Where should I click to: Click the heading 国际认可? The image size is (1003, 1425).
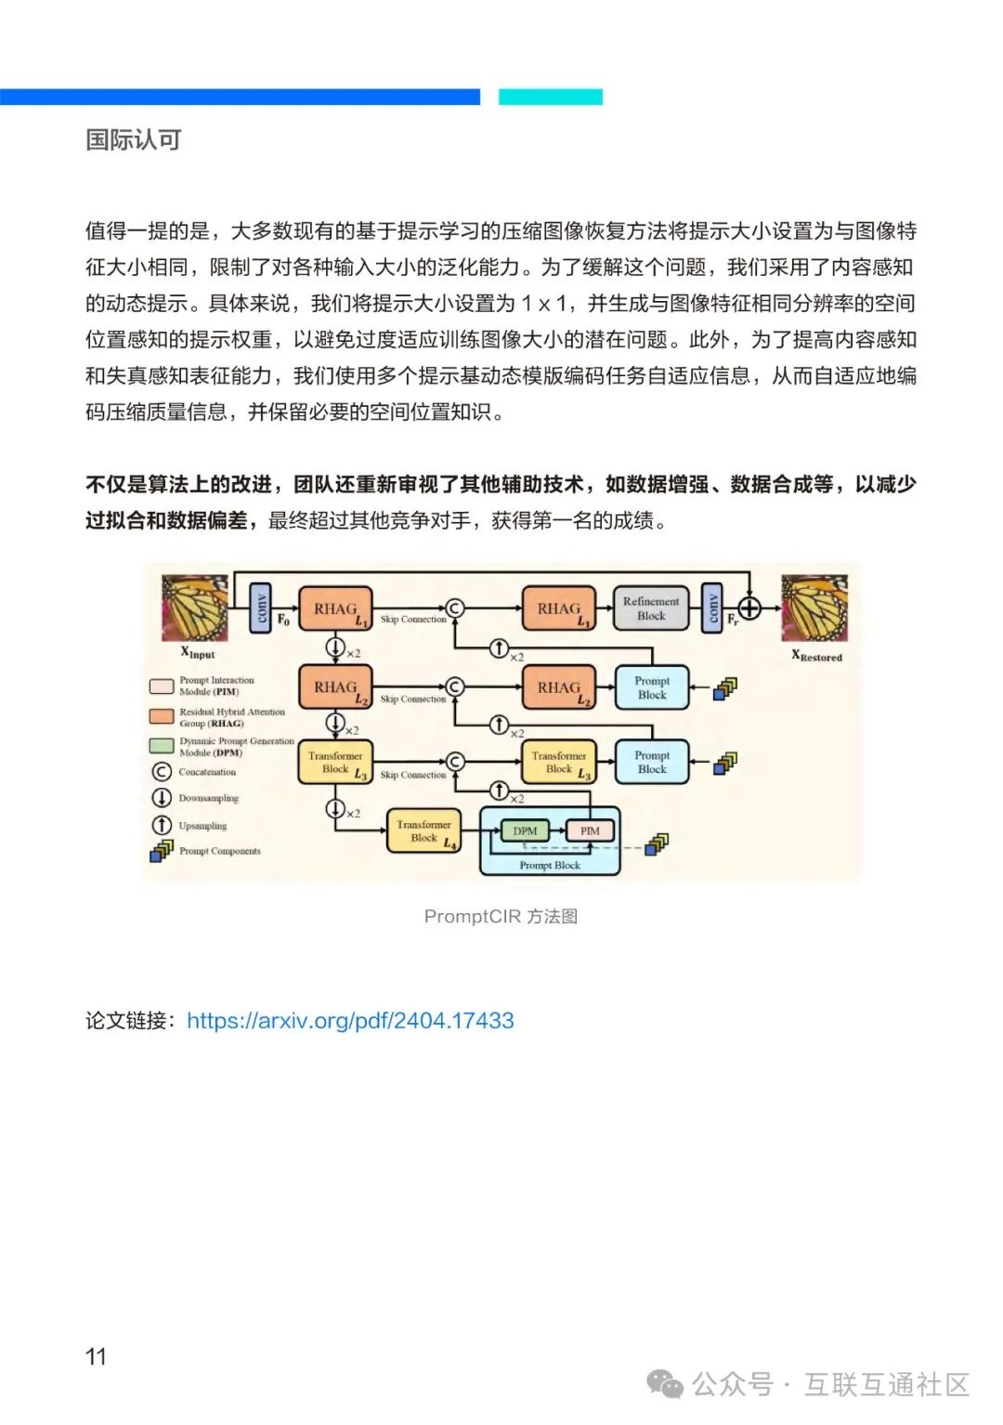[x=133, y=140]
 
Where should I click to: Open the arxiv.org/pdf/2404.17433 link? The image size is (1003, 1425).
[x=350, y=1020]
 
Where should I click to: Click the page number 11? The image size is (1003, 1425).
[x=96, y=1356]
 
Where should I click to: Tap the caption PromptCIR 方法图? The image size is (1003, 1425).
[x=501, y=916]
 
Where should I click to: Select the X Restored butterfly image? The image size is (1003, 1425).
[x=814, y=608]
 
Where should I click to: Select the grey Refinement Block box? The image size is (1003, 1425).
[x=651, y=608]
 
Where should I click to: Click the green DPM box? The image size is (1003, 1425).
[x=525, y=830]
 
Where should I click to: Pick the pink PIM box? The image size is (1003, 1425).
[x=590, y=830]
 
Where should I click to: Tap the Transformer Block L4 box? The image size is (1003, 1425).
[x=423, y=830]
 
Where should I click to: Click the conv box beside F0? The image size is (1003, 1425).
[x=261, y=608]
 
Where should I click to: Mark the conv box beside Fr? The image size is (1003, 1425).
[x=712, y=608]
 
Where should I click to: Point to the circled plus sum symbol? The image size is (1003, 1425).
[x=749, y=608]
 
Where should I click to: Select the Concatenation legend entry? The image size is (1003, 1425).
[x=206, y=772]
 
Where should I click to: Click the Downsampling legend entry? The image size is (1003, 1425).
[x=207, y=798]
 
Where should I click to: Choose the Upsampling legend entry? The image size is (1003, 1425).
[x=202, y=825]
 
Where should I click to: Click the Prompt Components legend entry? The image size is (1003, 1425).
[x=219, y=850]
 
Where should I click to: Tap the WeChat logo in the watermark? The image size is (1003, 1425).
[x=665, y=1384]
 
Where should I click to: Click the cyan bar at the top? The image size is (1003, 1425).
[x=551, y=97]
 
